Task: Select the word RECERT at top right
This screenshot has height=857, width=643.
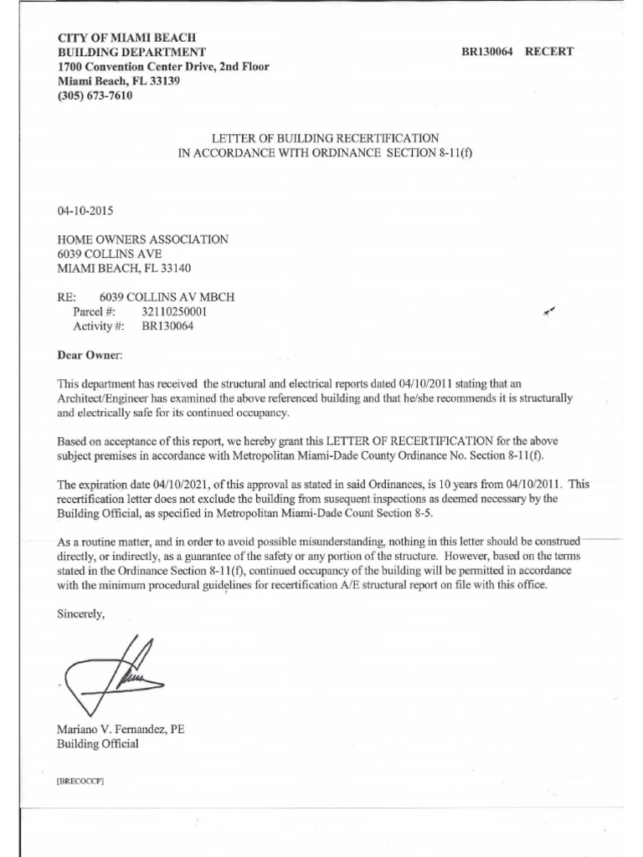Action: (x=549, y=52)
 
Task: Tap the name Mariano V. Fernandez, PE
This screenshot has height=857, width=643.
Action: (x=120, y=729)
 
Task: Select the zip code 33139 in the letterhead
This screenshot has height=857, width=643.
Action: (x=162, y=81)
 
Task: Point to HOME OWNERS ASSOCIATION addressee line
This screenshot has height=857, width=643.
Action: (x=141, y=239)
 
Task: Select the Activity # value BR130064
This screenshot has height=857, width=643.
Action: (x=167, y=326)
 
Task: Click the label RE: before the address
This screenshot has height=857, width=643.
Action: (x=66, y=296)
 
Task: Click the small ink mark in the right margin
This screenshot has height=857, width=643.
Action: (x=549, y=311)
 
